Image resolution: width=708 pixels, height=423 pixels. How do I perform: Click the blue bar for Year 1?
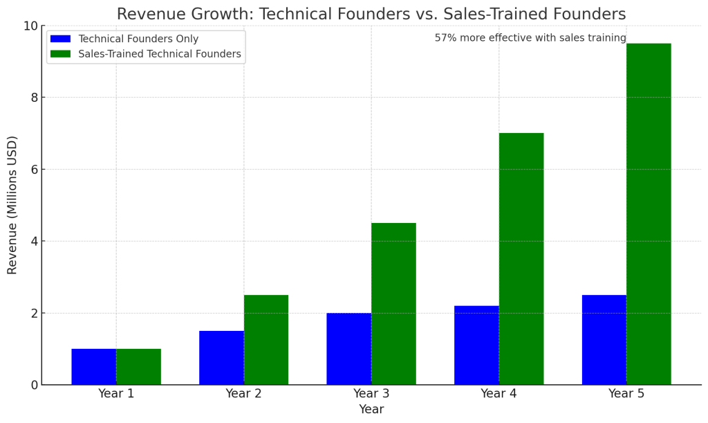pos(94,367)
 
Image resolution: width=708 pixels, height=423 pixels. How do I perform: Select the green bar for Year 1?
pos(138,367)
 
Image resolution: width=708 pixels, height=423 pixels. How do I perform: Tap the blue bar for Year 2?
pos(221,358)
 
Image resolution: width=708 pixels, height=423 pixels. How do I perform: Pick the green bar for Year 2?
pos(266,340)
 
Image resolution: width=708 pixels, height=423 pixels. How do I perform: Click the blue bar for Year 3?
pos(349,349)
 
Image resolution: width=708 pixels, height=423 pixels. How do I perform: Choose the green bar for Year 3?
pos(393,304)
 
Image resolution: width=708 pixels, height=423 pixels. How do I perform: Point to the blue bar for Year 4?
pos(476,345)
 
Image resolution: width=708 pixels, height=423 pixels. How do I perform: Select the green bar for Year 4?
pos(521,259)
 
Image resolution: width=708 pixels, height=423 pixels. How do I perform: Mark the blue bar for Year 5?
pos(604,340)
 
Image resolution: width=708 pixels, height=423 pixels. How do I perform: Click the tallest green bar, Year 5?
pos(649,214)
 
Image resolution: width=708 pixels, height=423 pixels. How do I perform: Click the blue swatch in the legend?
pos(61,39)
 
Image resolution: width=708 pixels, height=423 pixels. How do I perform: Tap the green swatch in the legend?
pos(61,54)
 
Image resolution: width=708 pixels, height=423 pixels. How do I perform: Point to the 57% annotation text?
pos(530,39)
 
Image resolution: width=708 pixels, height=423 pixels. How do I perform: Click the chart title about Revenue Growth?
pos(371,15)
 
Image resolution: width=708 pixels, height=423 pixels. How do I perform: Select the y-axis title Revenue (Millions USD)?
pos(12,205)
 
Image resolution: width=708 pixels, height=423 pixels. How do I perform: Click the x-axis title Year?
pos(371,410)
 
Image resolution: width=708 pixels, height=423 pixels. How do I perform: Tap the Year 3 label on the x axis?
pos(371,394)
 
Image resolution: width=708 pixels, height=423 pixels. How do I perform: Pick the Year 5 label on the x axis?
pos(626,394)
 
